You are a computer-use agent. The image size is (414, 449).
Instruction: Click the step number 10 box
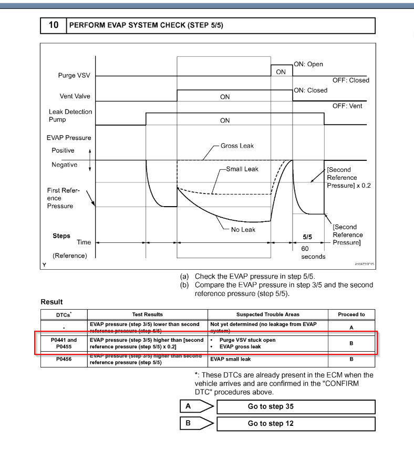[54, 25]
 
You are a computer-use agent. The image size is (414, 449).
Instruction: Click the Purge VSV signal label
[74, 76]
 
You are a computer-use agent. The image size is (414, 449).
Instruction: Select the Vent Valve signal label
[74, 96]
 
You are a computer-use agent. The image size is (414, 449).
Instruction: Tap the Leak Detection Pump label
[70, 116]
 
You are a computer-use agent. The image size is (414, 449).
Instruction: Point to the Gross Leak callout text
[237, 146]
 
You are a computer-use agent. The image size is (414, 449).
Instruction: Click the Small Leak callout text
[242, 169]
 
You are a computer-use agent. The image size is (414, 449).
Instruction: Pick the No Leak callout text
[243, 229]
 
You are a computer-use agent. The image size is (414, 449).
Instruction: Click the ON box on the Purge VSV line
[281, 72]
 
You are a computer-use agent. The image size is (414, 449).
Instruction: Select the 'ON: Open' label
[308, 64]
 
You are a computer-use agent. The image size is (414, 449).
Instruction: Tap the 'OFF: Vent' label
[347, 106]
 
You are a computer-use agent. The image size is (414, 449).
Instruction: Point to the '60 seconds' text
[313, 252]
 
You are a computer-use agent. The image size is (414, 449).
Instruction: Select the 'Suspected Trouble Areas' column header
[267, 314]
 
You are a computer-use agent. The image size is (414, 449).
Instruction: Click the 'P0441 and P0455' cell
[64, 343]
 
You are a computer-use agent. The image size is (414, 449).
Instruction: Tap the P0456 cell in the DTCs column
[64, 359]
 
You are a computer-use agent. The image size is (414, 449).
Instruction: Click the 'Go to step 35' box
[296, 406]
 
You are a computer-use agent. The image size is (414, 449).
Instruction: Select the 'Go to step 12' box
[296, 423]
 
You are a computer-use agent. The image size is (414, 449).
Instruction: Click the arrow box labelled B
[195, 423]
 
